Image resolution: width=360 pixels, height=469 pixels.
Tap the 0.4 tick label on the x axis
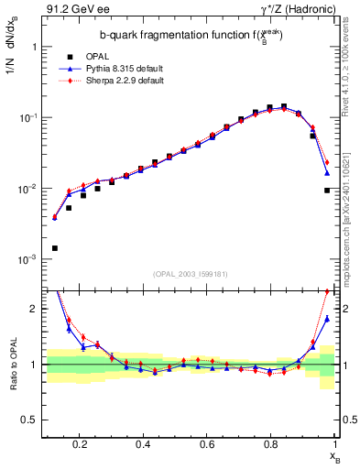[143, 444]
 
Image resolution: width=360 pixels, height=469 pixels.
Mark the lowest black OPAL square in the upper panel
[55, 248]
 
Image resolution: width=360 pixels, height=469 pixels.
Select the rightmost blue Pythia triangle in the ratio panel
[327, 319]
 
